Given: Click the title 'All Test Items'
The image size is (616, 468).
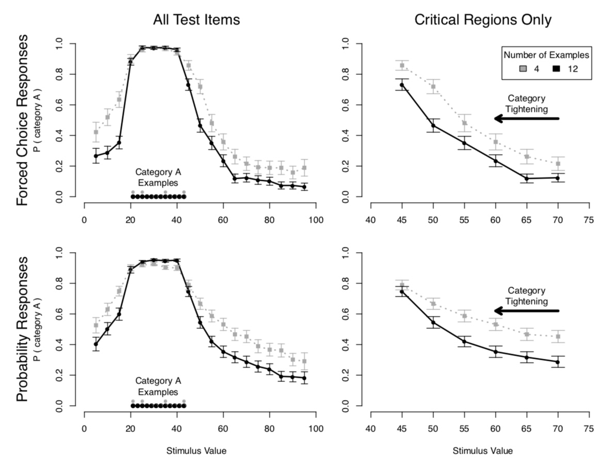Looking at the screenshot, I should click(x=196, y=20).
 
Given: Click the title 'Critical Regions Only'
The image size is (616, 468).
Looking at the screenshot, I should click(x=483, y=20).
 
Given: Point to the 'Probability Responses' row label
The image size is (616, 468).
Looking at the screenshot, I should click(x=22, y=330).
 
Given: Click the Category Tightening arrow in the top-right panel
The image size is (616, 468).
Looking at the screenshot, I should click(x=526, y=119).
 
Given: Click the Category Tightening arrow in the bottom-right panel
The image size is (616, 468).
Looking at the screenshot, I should click(x=526, y=311).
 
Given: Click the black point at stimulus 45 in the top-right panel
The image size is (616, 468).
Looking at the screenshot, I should click(x=402, y=85).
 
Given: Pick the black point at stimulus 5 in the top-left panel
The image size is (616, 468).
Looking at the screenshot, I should click(x=96, y=156).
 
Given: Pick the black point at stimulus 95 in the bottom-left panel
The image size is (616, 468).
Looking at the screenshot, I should click(x=304, y=378).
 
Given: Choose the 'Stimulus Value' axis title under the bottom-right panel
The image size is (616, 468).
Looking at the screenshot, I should click(x=483, y=451).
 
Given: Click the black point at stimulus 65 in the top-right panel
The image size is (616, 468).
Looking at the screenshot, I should click(x=527, y=179).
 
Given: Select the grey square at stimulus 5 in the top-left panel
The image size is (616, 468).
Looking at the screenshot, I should click(x=96, y=132).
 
